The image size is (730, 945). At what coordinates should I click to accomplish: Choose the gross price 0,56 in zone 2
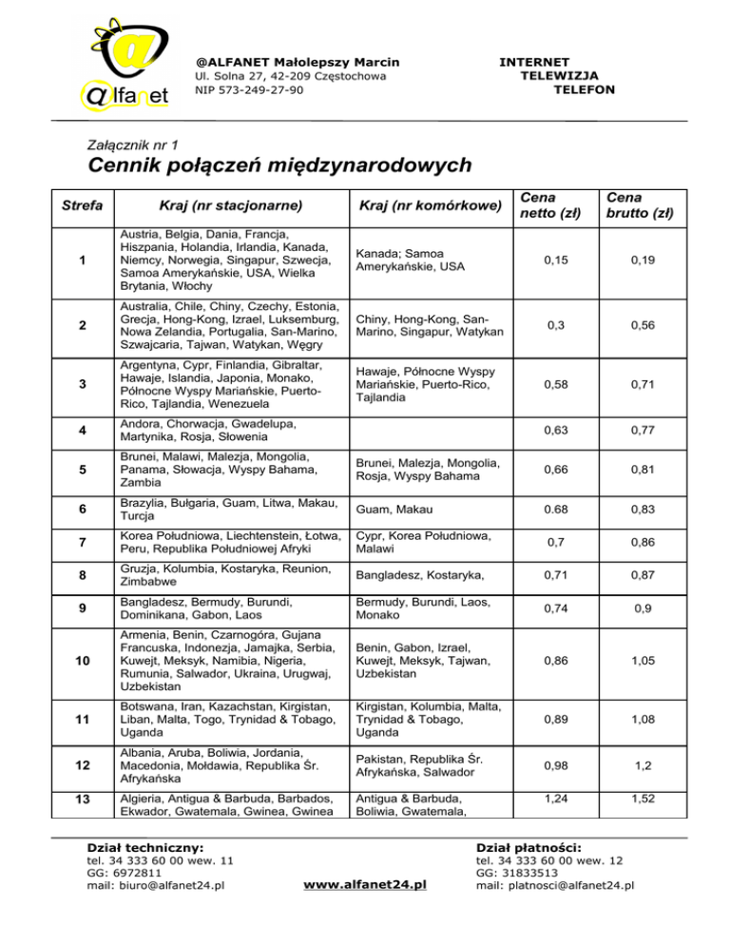click(647, 324)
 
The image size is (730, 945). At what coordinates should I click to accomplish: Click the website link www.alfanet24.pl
click(364, 885)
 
